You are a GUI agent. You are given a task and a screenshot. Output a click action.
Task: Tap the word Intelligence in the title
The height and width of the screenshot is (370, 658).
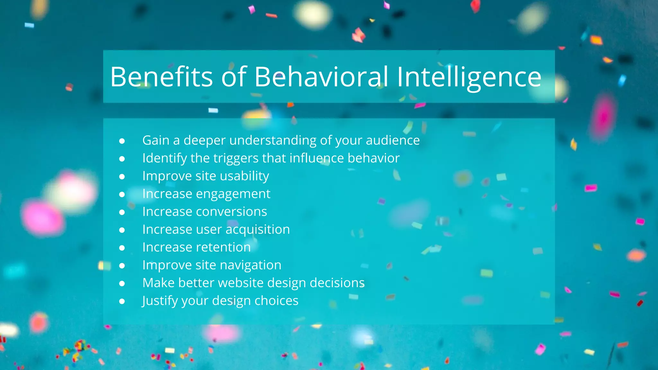469,77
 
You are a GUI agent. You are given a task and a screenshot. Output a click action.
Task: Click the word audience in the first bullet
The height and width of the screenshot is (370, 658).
393,140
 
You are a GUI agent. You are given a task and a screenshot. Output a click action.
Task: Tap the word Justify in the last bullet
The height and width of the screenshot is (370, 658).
160,301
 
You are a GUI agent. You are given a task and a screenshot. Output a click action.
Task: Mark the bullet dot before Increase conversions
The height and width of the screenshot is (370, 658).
122,212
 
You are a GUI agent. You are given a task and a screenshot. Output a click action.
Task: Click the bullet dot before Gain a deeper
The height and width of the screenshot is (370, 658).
122,141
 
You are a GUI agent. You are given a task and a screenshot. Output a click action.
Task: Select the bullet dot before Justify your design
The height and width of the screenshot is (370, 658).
122,301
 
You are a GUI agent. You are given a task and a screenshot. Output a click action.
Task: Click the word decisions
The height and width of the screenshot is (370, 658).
337,283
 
